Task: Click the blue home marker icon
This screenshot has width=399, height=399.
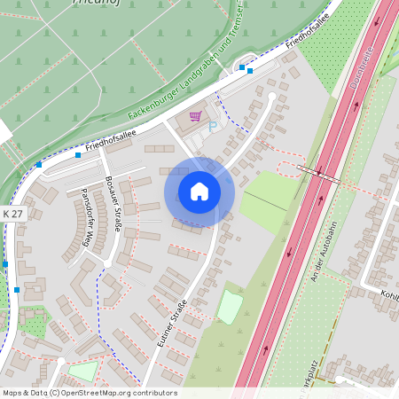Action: (199, 192)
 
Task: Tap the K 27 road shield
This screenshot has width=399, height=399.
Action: (13, 215)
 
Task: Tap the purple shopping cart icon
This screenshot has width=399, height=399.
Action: (195, 116)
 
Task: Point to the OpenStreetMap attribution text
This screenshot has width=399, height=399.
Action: (90, 393)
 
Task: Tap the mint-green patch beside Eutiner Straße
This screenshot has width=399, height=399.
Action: (231, 307)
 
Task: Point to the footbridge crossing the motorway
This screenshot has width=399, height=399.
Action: (318, 173)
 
